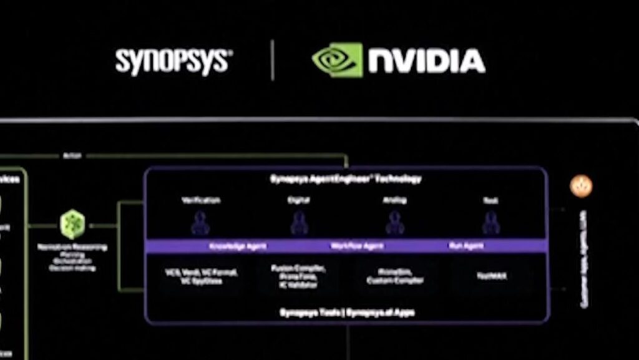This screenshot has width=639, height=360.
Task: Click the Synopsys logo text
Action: tap(173, 61)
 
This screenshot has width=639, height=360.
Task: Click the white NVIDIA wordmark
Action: tap(426, 61)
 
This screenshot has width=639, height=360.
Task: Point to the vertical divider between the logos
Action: tap(273, 60)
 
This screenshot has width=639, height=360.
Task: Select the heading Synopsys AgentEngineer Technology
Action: tap(345, 179)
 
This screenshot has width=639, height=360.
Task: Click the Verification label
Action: tap(200, 200)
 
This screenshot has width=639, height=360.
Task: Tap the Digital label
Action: tap(299, 200)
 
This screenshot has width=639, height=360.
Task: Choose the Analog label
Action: tap(394, 200)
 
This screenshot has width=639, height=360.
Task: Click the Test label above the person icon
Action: tap(490, 200)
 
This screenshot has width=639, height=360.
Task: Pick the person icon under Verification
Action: tap(200, 223)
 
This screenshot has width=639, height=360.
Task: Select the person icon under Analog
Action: tap(394, 223)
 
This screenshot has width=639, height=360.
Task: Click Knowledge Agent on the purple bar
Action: tap(237, 246)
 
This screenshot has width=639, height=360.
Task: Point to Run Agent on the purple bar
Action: tap(466, 246)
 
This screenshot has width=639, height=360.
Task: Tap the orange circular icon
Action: tap(581, 185)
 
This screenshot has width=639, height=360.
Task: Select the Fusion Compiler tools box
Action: tap(298, 276)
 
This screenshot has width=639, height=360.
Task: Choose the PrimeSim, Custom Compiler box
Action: tap(395, 276)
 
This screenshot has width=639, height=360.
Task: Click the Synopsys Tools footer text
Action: tap(346, 312)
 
